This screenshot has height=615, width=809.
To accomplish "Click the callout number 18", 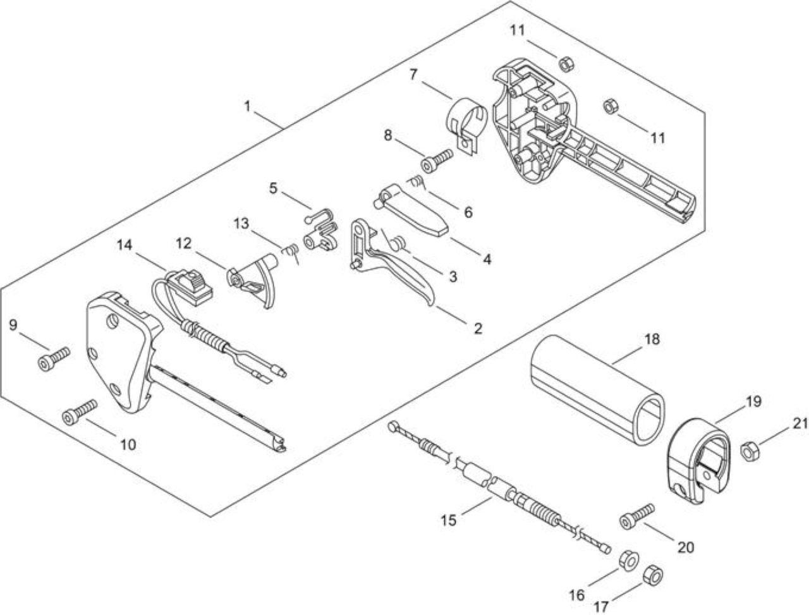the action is point(652,339).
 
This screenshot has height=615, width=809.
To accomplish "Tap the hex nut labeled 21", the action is point(750,450).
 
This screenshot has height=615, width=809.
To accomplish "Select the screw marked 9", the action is point(54,358).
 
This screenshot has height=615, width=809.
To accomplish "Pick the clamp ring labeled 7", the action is point(466,123).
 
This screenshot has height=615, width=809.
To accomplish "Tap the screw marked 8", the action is point(437,161).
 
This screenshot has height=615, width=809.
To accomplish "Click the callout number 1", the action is point(247,106).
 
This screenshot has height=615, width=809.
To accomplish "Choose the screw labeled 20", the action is point(638,517).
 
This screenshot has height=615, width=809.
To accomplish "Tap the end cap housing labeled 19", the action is point(698,461).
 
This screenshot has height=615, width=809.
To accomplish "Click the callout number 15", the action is point(449,520).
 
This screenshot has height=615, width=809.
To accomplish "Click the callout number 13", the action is point(241,224).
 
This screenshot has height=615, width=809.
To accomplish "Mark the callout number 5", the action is point(273,188).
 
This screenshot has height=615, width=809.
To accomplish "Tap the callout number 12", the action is point(183,243).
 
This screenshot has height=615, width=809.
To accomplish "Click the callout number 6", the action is point(468,212).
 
